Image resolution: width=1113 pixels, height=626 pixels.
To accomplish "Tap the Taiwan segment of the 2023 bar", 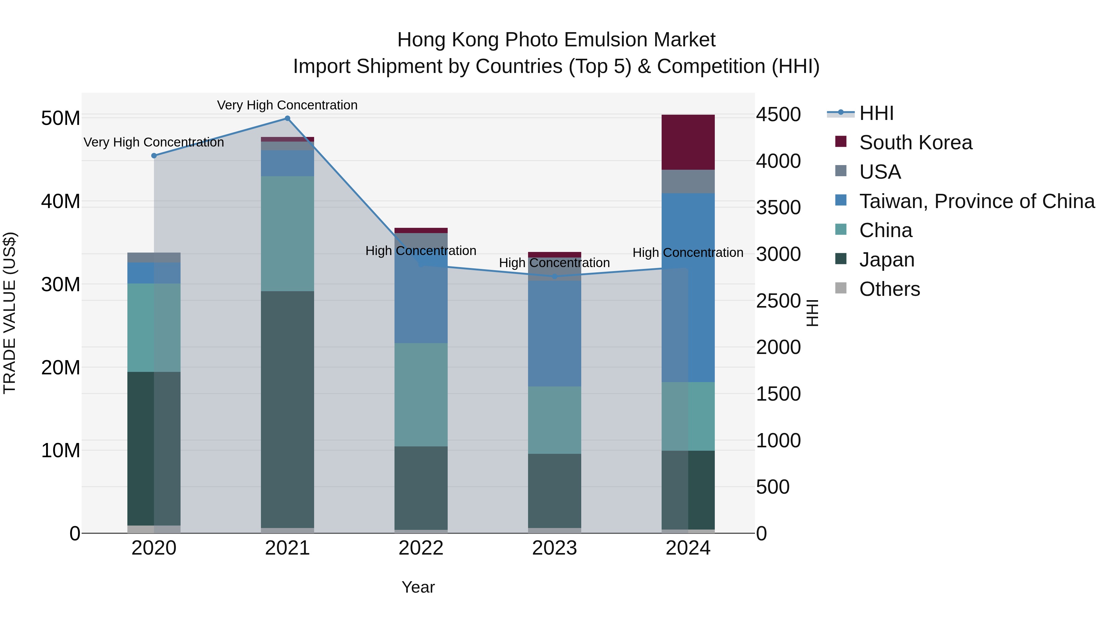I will click(x=554, y=333).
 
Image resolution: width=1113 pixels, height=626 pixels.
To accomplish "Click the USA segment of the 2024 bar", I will click(x=688, y=181).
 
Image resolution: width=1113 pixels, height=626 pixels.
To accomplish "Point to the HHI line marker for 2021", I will click(x=287, y=118).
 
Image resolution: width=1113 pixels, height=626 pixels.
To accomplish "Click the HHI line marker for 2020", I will click(x=154, y=155).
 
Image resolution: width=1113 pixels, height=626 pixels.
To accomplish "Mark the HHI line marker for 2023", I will click(x=554, y=276).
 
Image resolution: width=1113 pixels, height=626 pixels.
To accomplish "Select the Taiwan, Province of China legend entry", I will click(x=976, y=201).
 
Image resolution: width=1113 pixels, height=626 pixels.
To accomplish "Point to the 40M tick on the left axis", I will click(x=61, y=201).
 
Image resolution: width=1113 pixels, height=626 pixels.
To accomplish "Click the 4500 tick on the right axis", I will click(x=778, y=115).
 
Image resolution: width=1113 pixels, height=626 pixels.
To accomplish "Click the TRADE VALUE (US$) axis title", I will click(x=10, y=313).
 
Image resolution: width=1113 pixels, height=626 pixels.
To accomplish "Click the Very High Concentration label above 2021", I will click(x=287, y=105).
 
